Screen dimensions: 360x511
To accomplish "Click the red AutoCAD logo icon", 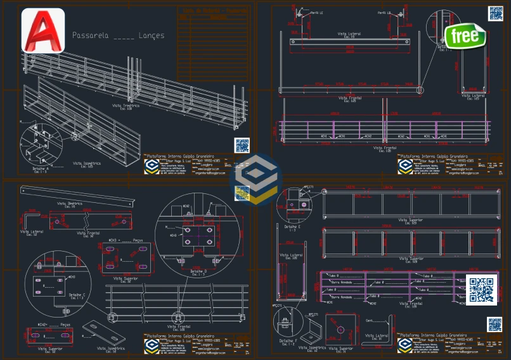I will point(43,30).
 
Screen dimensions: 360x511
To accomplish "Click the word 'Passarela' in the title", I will point(90,35).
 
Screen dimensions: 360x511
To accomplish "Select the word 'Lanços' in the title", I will point(151,35).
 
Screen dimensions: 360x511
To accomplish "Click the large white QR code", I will point(482,290).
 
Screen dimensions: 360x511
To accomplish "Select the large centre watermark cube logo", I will point(256,179).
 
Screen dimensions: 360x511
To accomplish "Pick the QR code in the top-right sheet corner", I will point(495,13).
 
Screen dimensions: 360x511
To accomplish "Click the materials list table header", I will point(212,13).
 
